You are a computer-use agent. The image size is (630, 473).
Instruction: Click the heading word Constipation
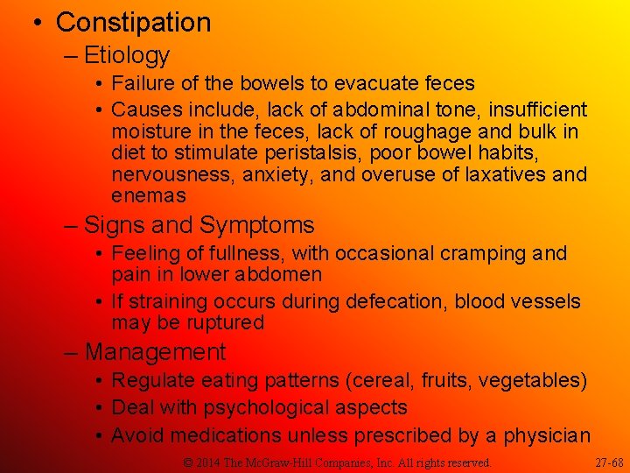point(133,22)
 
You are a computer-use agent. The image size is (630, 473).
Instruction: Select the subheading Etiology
point(126,55)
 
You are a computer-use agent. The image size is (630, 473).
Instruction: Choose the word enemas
point(149,195)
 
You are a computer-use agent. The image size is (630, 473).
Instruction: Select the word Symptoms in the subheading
point(256,225)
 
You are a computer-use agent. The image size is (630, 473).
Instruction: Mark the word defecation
point(398,301)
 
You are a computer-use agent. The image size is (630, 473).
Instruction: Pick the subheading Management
point(155,352)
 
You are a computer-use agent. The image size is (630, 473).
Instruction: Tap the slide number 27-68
point(609,462)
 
